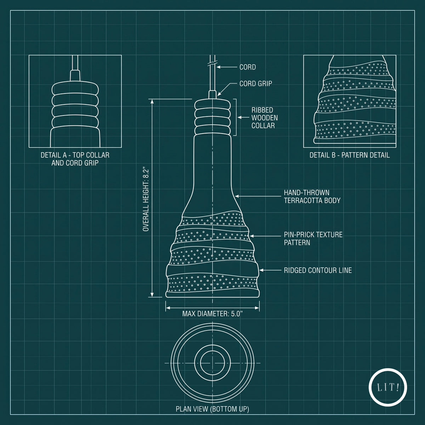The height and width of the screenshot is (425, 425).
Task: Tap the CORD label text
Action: click(x=248, y=67)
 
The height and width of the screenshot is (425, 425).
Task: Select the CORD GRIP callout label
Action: click(x=256, y=84)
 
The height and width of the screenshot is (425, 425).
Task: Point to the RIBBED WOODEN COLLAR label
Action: click(x=265, y=118)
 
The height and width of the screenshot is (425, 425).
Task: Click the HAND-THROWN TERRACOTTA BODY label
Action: click(x=312, y=197)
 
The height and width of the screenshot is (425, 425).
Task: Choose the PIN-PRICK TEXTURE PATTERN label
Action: click(x=313, y=238)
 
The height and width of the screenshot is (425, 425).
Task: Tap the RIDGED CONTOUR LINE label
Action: click(x=318, y=270)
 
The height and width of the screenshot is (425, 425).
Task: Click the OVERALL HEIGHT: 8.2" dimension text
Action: click(x=146, y=200)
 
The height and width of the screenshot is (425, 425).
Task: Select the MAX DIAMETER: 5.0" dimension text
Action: click(x=212, y=314)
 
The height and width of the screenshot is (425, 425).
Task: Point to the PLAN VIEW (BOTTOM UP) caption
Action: click(x=212, y=409)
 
